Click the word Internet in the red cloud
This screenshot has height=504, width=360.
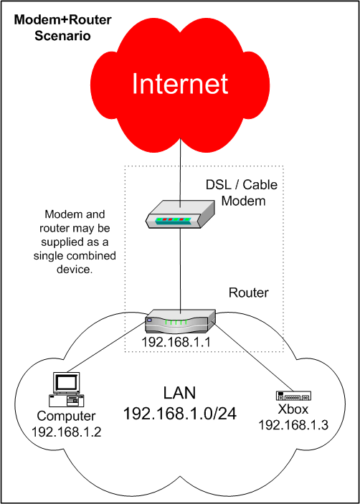click(180, 84)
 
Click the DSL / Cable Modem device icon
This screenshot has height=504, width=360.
click(180, 214)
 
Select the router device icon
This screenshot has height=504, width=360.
click(180, 321)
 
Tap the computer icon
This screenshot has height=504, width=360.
click(67, 389)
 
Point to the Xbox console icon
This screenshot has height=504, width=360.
click(294, 395)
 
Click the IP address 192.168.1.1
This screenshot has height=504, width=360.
click(176, 343)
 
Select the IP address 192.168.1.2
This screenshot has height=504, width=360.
click(67, 432)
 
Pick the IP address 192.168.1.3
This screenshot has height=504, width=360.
click(293, 425)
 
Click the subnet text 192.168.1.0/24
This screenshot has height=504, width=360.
click(180, 414)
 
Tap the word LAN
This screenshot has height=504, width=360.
click(180, 393)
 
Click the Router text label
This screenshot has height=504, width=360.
click(248, 293)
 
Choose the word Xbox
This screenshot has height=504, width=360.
click(293, 410)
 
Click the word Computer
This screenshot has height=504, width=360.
click(66, 417)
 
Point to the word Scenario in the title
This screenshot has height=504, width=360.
click(62, 35)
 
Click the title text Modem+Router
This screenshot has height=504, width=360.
click(62, 21)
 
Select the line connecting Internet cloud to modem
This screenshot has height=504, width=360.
click(180, 173)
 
